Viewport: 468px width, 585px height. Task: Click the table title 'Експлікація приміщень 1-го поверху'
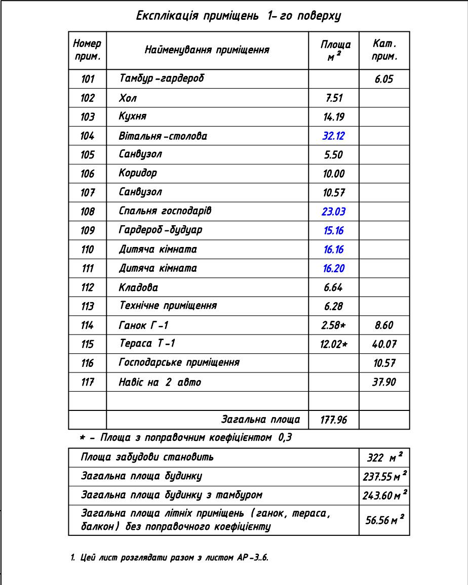(239, 16)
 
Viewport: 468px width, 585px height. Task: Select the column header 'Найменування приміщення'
(207, 50)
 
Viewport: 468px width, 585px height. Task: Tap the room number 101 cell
(88, 79)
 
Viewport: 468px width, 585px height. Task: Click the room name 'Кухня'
(133, 116)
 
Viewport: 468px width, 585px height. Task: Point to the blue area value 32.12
(333, 136)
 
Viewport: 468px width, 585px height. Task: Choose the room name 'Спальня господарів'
(165, 211)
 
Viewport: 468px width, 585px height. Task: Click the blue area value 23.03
(333, 212)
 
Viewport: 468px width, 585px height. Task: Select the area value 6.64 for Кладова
(333, 287)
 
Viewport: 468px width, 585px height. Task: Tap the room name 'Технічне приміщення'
(168, 306)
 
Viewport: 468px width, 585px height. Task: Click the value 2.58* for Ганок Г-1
(333, 325)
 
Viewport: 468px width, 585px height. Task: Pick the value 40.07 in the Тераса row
(384, 345)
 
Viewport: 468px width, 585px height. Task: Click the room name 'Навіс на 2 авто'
(160, 382)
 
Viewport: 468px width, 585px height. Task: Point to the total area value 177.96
(333, 420)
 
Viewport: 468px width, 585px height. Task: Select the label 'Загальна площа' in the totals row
(261, 420)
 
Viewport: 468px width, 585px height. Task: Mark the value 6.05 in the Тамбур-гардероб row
(384, 79)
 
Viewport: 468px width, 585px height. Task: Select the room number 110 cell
(88, 249)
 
